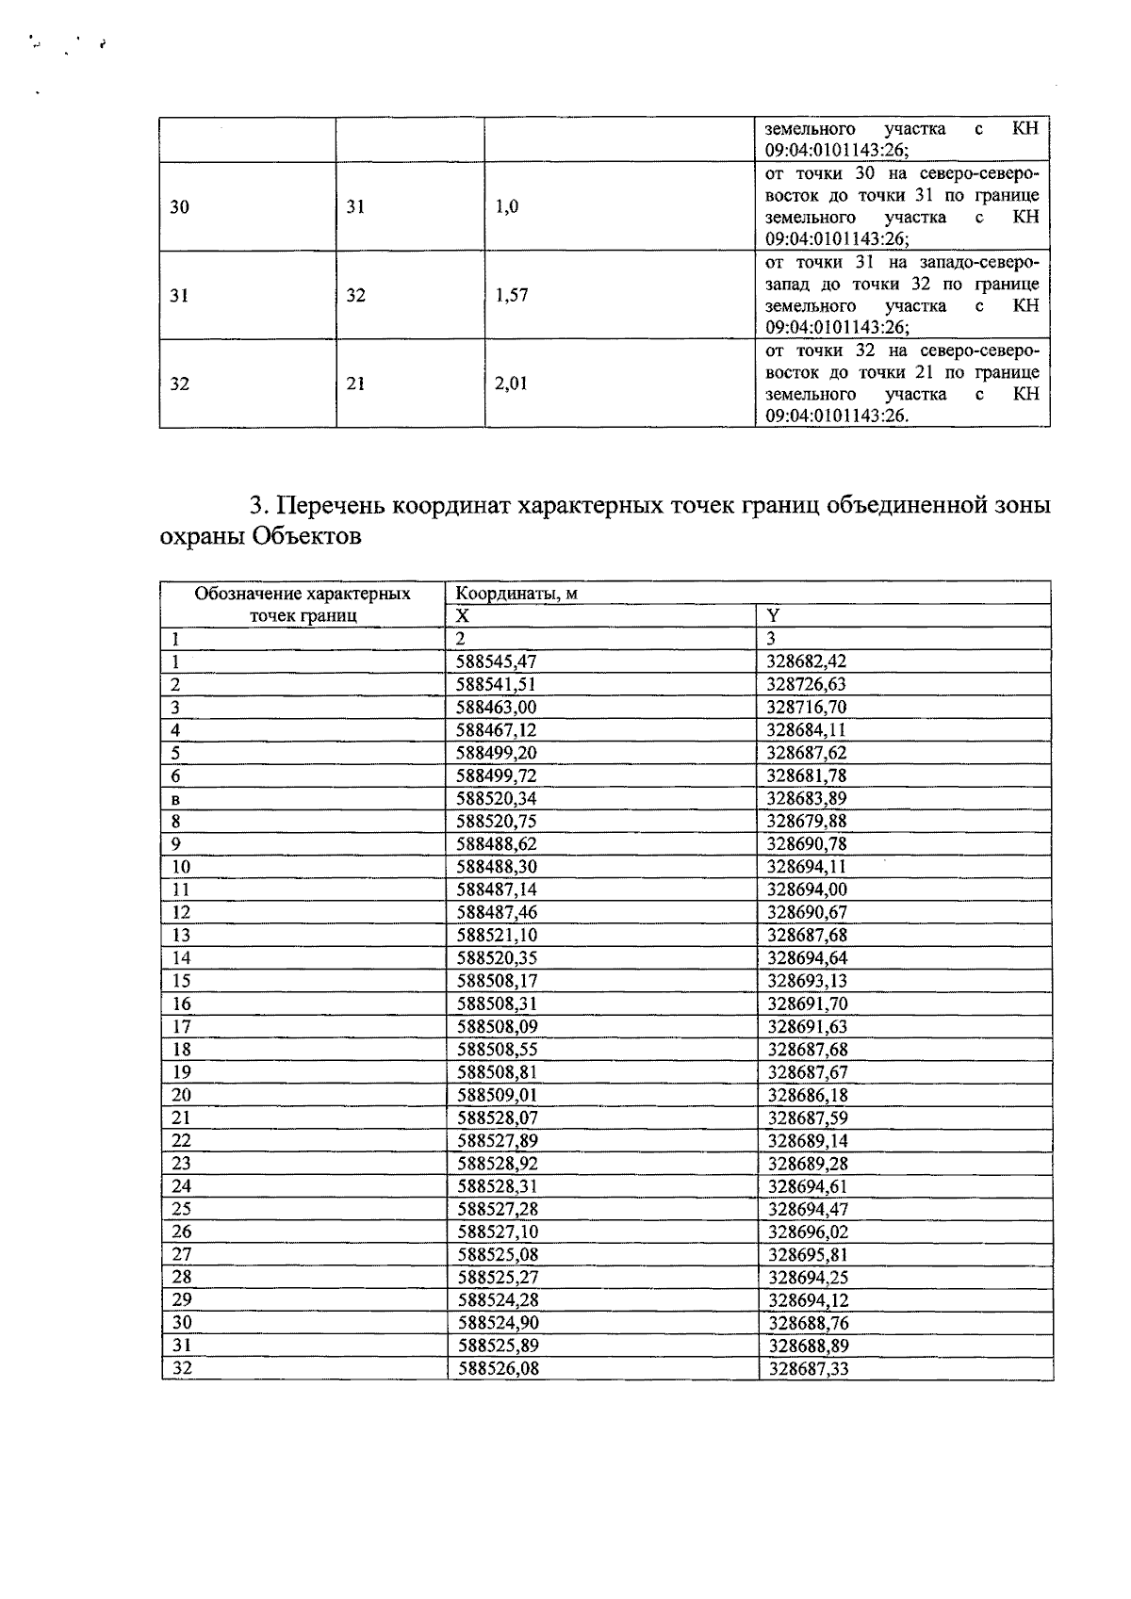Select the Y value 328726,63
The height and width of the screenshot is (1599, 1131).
point(806,685)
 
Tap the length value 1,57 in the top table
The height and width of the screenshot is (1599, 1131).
point(512,295)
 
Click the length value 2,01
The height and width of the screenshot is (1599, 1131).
point(512,383)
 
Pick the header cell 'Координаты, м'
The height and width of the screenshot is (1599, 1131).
point(516,594)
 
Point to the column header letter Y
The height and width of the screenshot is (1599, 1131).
point(773,615)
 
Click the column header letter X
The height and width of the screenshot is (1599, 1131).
point(462,615)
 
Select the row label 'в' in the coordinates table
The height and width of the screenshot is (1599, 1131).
point(175,799)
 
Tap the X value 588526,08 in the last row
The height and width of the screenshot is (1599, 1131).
point(499,1368)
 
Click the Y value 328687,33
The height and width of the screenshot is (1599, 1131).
point(809,1368)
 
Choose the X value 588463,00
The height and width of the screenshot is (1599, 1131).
point(496,708)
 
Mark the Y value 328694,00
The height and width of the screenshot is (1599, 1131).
point(807,889)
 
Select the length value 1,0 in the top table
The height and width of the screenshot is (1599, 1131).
point(506,207)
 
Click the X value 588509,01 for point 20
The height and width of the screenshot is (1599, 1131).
point(498,1095)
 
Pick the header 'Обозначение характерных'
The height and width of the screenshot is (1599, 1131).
point(303,594)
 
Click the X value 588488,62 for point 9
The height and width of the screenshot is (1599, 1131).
point(497,844)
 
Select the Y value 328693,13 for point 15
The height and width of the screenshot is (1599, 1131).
point(808,981)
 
